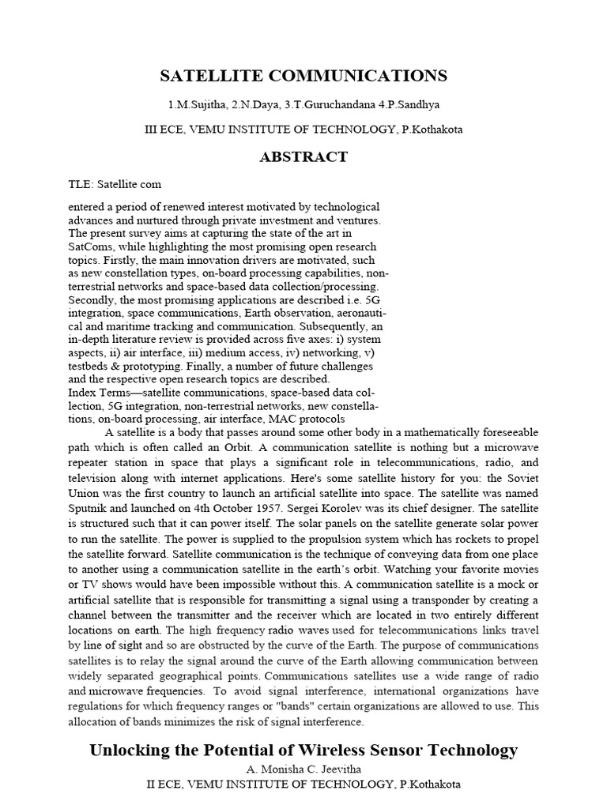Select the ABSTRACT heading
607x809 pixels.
click(x=303, y=156)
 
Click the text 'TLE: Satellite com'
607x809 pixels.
click(x=115, y=184)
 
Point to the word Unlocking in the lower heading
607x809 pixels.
click(x=133, y=750)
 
